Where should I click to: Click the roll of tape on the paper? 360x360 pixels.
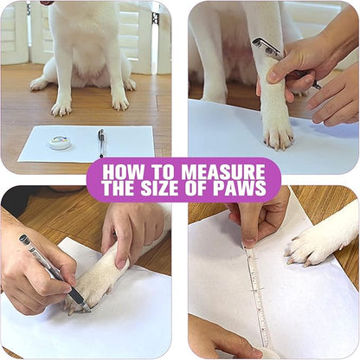60,142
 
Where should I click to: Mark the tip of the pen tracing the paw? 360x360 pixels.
85,305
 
